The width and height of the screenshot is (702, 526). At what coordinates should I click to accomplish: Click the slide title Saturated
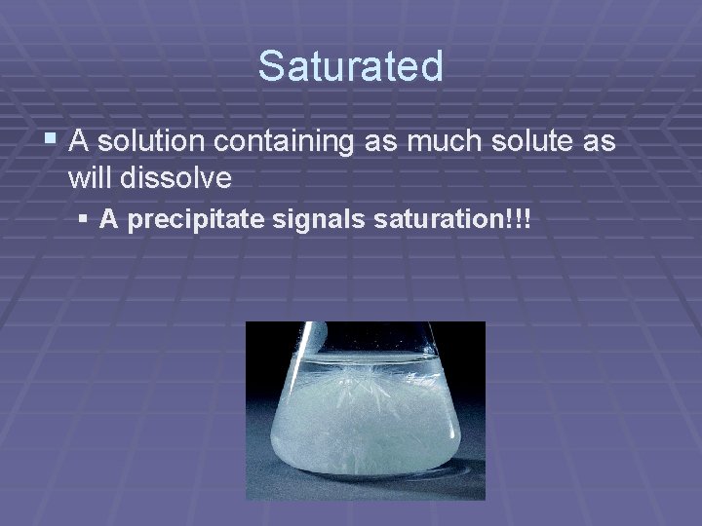click(351, 66)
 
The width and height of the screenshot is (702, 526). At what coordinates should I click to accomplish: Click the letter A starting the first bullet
click(80, 142)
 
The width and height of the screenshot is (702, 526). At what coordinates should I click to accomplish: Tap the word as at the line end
click(599, 142)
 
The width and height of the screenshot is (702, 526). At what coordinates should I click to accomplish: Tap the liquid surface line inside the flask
click(390, 359)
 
